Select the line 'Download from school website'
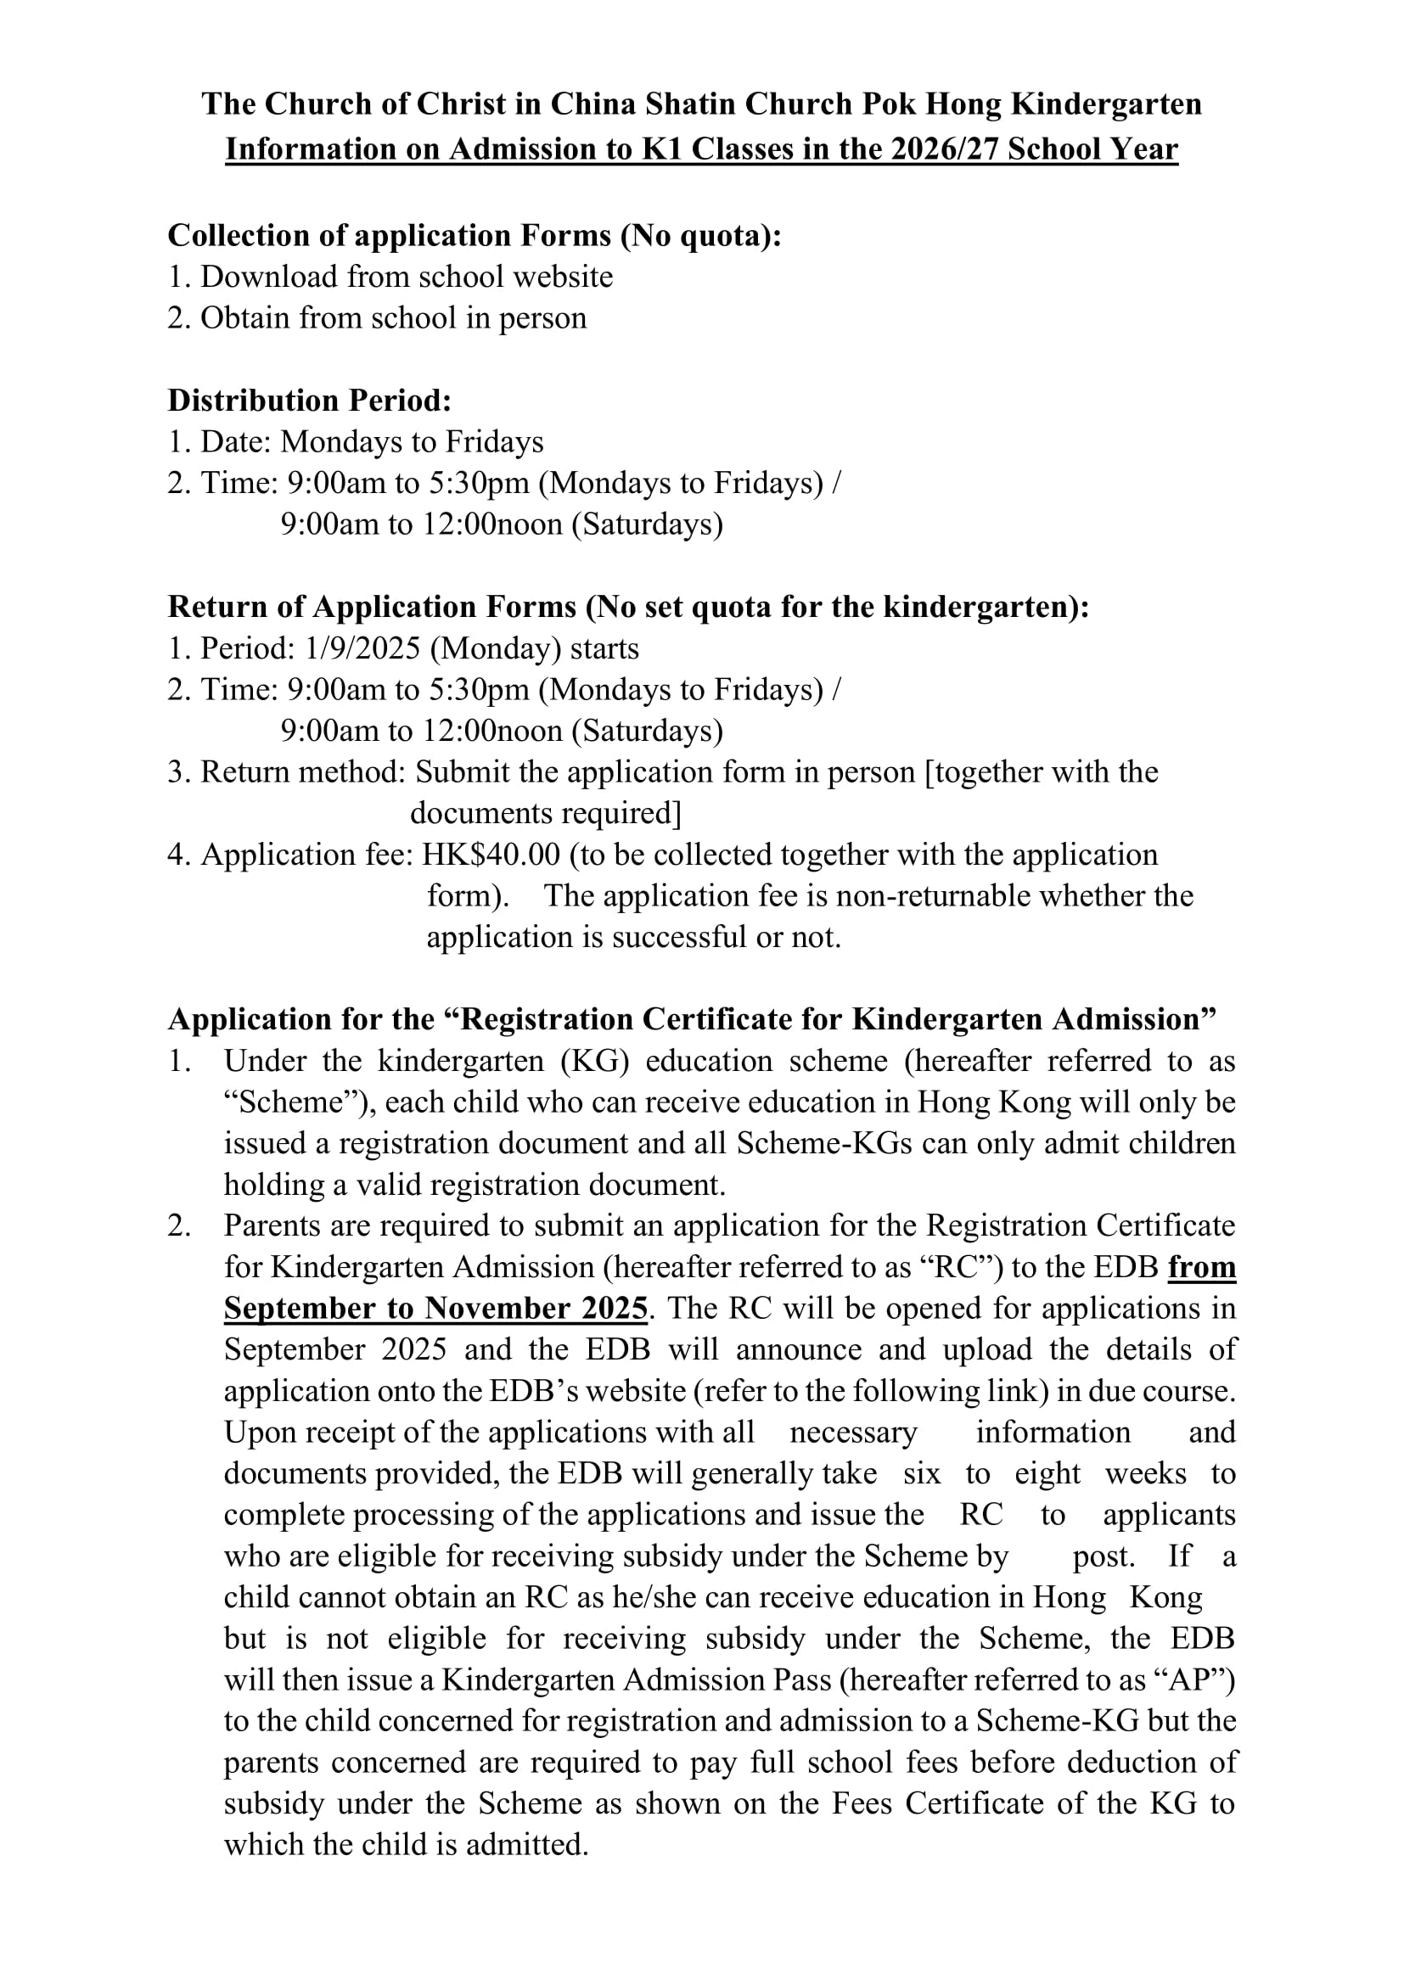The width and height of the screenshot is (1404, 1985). point(407,277)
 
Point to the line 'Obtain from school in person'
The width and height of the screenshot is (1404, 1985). point(393,318)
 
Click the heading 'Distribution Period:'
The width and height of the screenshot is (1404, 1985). point(310,401)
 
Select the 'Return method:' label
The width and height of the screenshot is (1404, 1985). point(303,772)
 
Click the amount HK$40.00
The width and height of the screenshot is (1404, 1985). point(491,855)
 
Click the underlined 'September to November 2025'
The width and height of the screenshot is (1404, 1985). point(435,1309)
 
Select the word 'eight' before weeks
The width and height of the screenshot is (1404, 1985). point(1047,1473)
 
